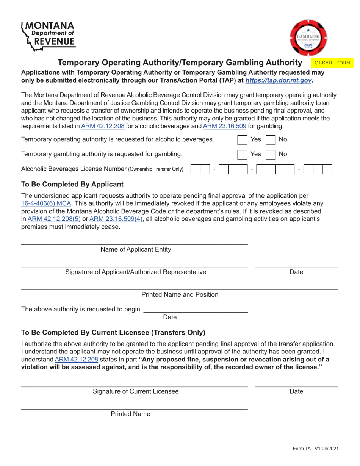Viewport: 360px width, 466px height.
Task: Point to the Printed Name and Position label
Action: pyautogui.click(x=180, y=294)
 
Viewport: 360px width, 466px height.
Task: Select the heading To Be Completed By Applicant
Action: pyautogui.click(x=72, y=184)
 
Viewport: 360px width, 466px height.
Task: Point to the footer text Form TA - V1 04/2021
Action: pyautogui.click(x=315, y=449)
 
